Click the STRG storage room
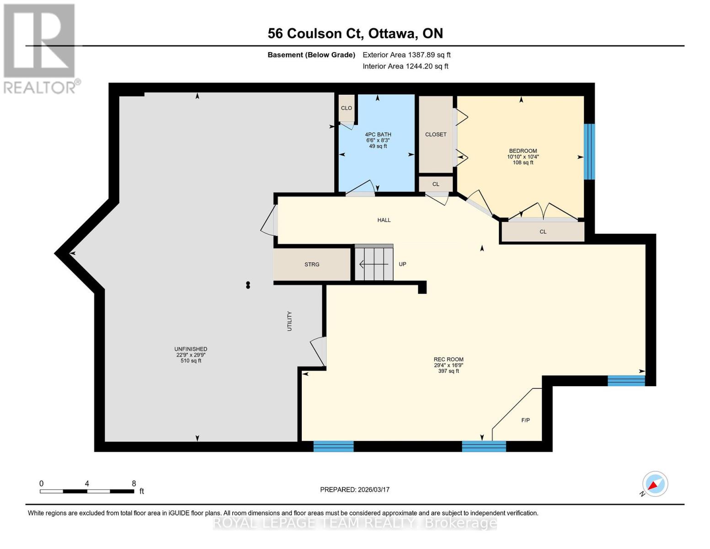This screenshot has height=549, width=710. (x=312, y=264)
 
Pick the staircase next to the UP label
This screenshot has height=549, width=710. (x=374, y=264)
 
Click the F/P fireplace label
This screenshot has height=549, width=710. (x=526, y=420)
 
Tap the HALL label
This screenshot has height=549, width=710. (x=384, y=220)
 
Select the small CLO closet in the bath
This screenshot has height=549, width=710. (x=347, y=108)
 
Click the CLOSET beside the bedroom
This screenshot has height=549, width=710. (x=436, y=135)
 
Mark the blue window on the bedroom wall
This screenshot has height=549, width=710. (x=590, y=151)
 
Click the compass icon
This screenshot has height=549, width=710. (x=655, y=484)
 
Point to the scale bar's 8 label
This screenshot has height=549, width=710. (x=133, y=484)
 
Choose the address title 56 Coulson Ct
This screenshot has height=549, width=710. (x=355, y=33)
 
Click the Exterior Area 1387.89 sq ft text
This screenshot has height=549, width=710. (x=406, y=55)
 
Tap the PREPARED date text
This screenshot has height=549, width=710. (x=355, y=490)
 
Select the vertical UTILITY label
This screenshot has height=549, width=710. (x=289, y=321)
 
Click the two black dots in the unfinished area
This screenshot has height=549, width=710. (x=248, y=285)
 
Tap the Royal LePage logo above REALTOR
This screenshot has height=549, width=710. (x=39, y=41)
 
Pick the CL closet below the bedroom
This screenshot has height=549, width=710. (x=543, y=231)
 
